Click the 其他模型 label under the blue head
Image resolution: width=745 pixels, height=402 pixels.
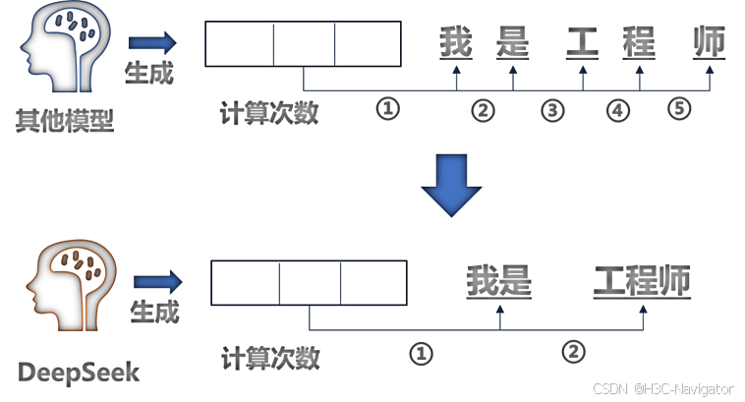(x=63, y=121)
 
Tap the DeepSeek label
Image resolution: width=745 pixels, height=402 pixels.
(x=80, y=373)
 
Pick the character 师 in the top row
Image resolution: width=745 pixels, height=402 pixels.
(x=709, y=42)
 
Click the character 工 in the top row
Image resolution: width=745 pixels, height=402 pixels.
(x=583, y=42)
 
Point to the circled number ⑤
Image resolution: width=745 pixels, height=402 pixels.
(x=680, y=109)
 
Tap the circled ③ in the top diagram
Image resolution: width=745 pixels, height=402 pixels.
(x=553, y=110)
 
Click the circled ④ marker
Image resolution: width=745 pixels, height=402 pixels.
(x=617, y=110)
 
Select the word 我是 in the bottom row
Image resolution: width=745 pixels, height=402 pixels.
(x=498, y=282)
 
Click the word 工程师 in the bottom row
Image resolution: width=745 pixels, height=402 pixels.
(x=642, y=282)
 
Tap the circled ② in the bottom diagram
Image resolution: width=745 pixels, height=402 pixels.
(x=573, y=350)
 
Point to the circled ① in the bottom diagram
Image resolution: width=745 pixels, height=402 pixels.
(x=421, y=352)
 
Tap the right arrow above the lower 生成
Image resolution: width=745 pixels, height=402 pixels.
(x=156, y=281)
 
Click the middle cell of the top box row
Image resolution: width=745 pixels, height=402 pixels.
(x=303, y=44)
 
